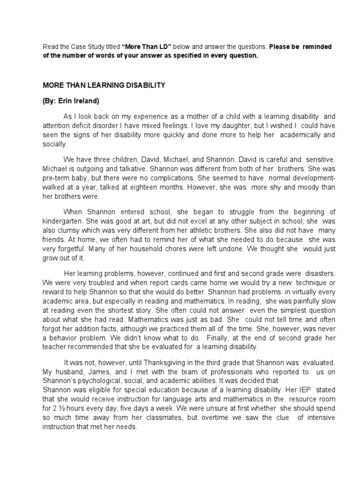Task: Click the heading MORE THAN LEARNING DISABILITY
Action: click(104, 85)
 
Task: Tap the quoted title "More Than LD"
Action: click(147, 47)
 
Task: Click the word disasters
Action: click(321, 273)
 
